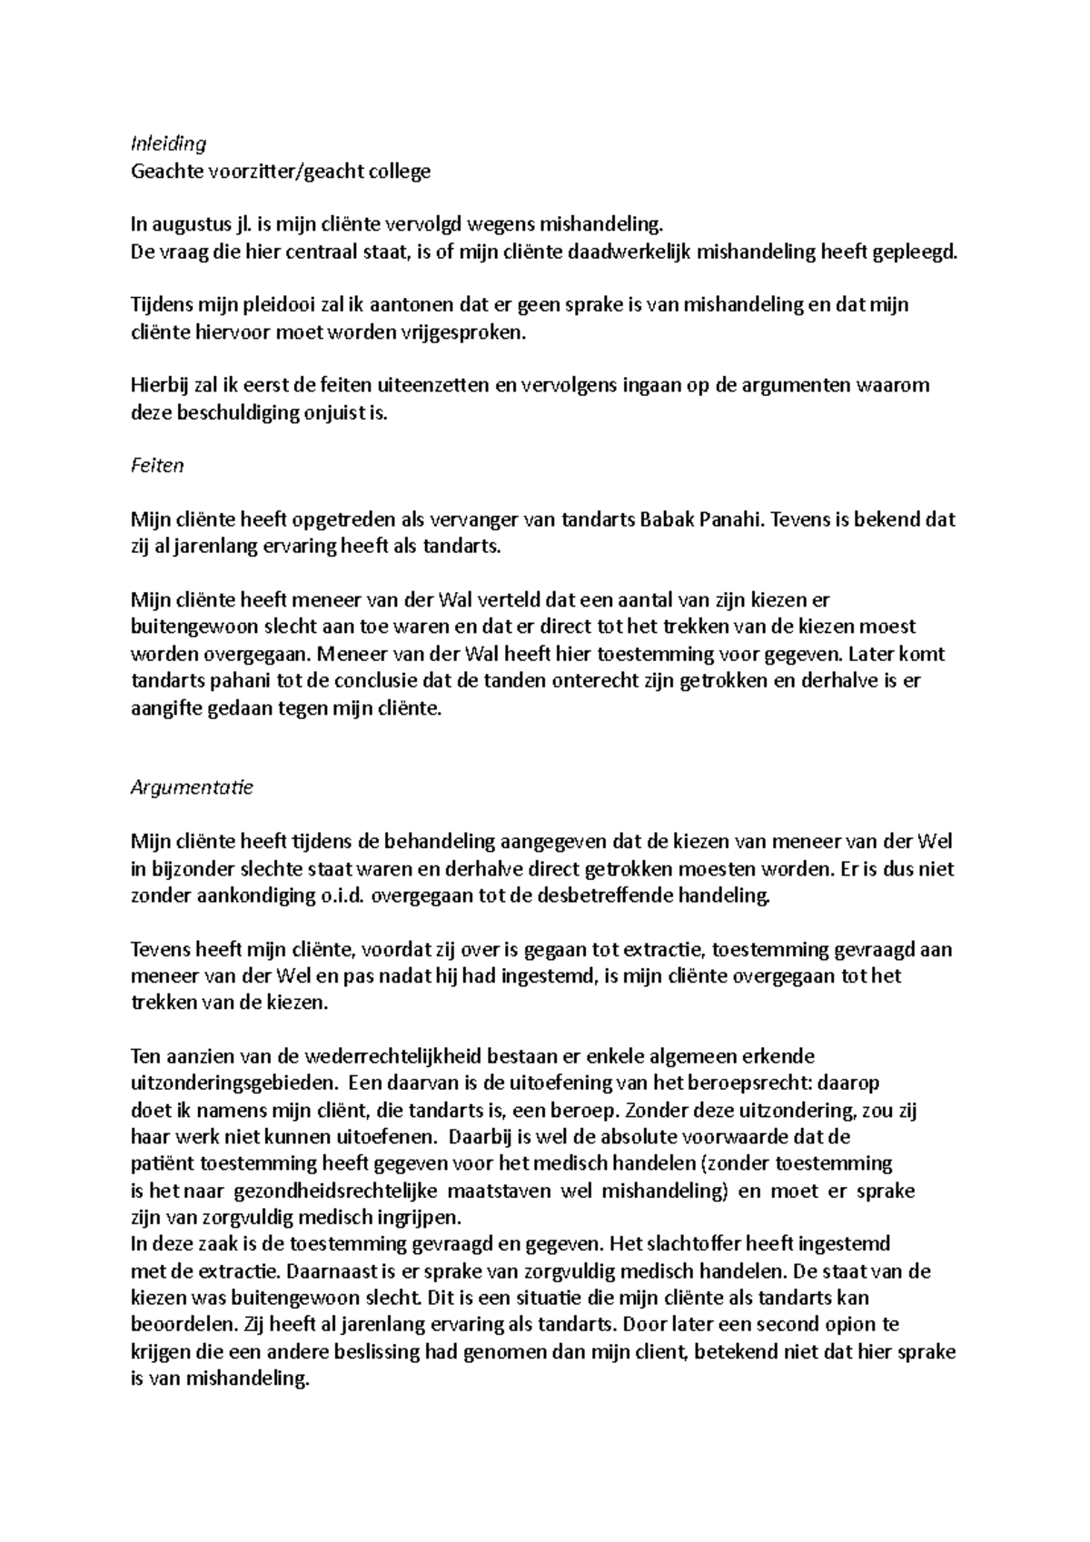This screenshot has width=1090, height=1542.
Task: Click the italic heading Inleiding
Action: tap(169, 143)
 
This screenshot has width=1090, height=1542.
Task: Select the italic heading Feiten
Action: tap(157, 466)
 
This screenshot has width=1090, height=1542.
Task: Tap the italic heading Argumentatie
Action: tap(192, 787)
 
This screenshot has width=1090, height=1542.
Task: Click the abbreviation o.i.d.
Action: tap(340, 895)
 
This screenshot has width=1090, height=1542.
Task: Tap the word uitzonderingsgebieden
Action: tap(234, 1083)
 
